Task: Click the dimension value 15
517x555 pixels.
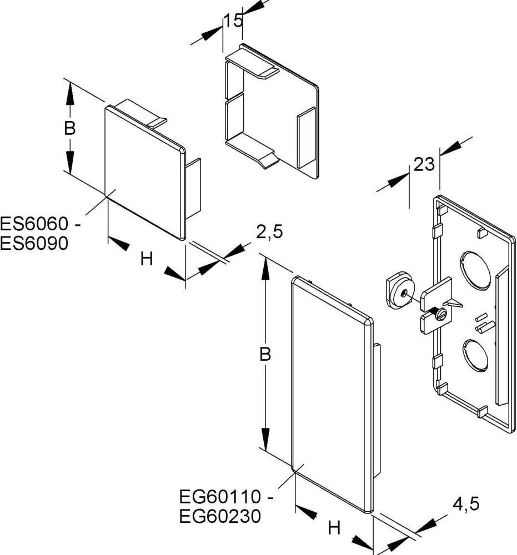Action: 233,22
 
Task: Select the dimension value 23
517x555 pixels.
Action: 423,164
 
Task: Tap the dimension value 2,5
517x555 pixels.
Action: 269,231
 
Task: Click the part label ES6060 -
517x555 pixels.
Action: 42,224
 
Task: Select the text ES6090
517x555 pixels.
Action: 34,243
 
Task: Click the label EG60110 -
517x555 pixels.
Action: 226,497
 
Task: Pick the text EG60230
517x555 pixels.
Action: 220,516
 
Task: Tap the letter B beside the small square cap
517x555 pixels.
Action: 69,128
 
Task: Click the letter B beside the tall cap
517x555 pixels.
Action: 265,355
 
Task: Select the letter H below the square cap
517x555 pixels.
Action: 146,258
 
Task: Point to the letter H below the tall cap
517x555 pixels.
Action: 334,528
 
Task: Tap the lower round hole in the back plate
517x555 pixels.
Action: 474,357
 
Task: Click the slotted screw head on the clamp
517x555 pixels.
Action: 441,314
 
